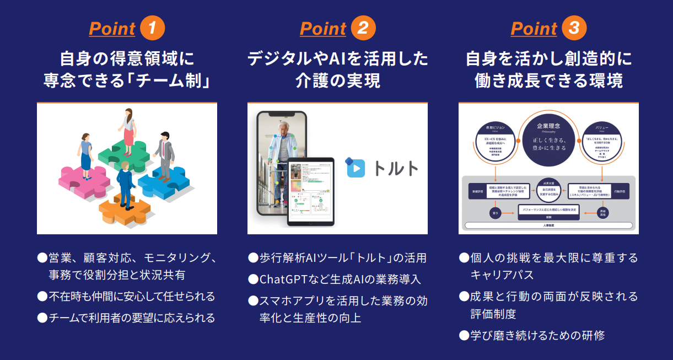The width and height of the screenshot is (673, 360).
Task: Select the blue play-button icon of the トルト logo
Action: point(356,168)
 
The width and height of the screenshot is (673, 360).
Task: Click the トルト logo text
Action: point(396,168)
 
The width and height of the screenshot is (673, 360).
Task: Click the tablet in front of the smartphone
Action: point(311,191)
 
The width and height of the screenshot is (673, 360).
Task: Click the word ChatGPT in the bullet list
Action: point(283,280)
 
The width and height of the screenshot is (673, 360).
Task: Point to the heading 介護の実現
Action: point(337,81)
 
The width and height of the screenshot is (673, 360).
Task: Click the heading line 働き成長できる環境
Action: point(548,81)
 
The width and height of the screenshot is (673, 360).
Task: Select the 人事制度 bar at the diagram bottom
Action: point(548,225)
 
